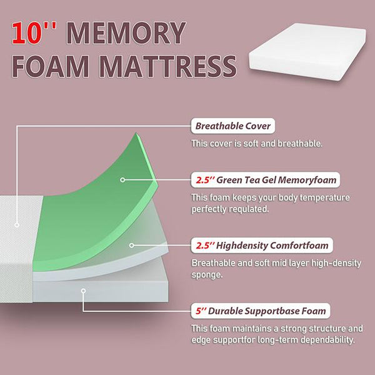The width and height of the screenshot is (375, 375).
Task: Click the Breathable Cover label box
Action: pos(233,126)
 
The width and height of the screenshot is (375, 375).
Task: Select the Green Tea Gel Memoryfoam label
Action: pos(266,180)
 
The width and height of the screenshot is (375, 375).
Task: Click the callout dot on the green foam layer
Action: pos(123,179)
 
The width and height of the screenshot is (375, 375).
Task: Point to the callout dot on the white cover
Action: pos(17,224)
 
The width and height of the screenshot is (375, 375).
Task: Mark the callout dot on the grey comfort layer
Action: pos(130,245)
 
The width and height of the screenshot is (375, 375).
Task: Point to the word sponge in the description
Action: pos(209,274)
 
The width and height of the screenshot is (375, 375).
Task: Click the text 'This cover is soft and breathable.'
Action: pos(257,144)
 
